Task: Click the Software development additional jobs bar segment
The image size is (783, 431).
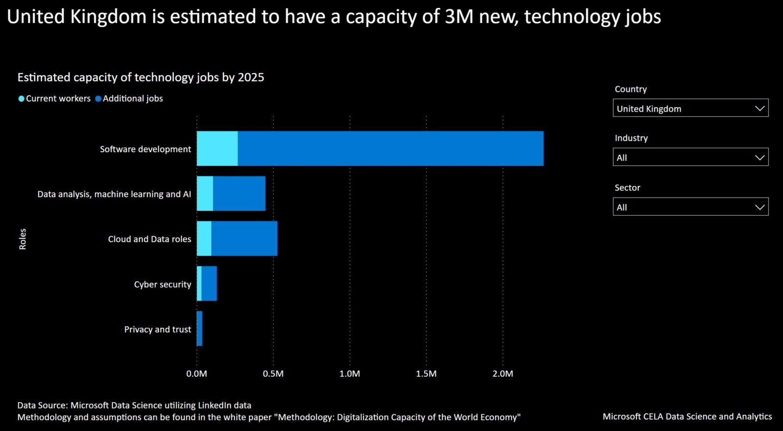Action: click(x=391, y=149)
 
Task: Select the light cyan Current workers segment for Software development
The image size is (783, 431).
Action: click(x=217, y=149)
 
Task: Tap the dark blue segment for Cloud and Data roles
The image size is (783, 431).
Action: click(x=244, y=239)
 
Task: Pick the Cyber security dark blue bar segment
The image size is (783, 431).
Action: click(x=209, y=284)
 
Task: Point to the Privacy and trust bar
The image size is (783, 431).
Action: click(x=200, y=329)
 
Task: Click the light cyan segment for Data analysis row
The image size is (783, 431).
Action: click(x=205, y=194)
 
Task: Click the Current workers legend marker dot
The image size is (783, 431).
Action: click(x=22, y=99)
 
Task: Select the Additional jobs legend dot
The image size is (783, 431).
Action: click(x=98, y=99)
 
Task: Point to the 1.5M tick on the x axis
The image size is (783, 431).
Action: click(x=426, y=374)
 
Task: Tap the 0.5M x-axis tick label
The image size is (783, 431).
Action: click(x=273, y=374)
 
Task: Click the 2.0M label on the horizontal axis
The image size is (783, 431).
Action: click(x=503, y=374)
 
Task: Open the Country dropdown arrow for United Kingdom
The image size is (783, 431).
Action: click(x=760, y=109)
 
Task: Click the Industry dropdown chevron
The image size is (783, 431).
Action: click(x=760, y=158)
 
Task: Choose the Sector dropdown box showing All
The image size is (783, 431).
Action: click(x=690, y=207)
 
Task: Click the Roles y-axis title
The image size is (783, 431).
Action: click(x=23, y=239)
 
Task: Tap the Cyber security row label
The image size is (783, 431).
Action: click(x=162, y=285)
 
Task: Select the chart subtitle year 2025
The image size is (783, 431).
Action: click(x=251, y=77)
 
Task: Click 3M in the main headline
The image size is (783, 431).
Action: click(x=459, y=17)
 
